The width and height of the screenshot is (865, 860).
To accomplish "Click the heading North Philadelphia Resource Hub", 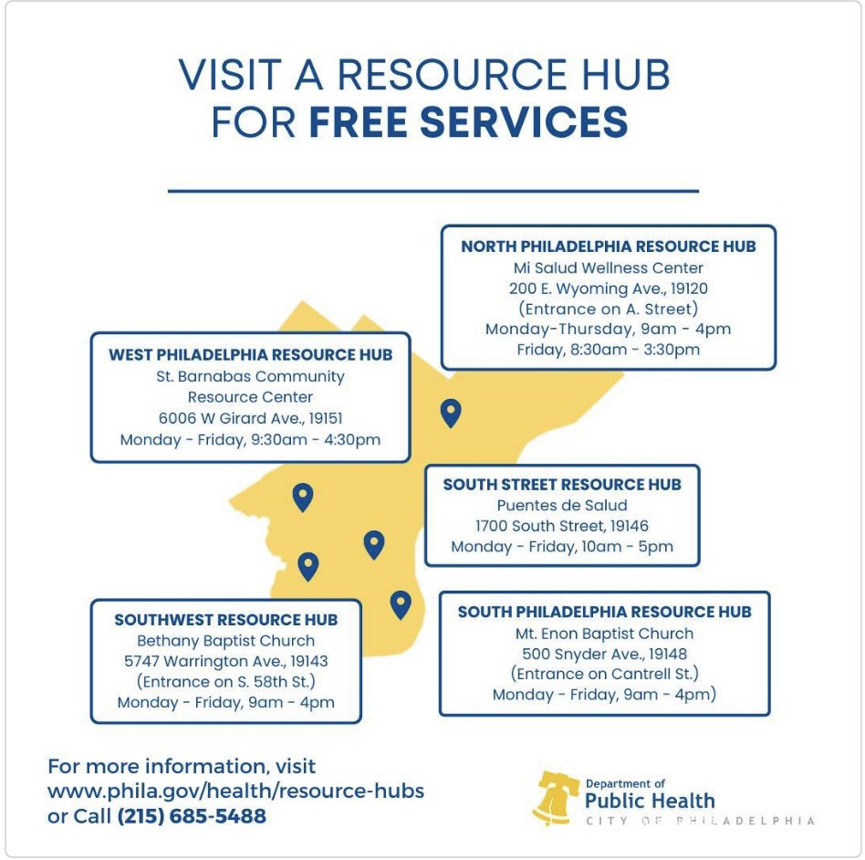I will click(608, 246).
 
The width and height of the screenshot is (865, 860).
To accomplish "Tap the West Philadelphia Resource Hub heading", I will click(251, 354).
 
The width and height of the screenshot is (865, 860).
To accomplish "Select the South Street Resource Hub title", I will click(562, 484).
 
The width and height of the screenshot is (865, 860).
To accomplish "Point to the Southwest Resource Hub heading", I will click(225, 619).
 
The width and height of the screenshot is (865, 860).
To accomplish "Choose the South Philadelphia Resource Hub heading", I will click(604, 612).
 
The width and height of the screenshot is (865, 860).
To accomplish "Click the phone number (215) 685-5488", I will click(192, 815).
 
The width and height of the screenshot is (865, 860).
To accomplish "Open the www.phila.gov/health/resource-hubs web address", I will click(235, 791).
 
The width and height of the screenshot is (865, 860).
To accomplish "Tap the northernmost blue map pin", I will click(451, 413).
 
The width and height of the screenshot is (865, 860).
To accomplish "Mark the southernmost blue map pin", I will click(400, 603).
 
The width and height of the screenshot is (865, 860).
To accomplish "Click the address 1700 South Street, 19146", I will click(562, 526).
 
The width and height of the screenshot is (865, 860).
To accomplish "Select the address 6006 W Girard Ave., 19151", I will click(251, 418).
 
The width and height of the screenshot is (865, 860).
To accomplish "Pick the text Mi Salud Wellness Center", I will click(608, 268).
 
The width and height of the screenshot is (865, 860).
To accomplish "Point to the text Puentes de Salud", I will click(562, 505).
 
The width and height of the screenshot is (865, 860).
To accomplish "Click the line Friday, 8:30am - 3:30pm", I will click(608, 350).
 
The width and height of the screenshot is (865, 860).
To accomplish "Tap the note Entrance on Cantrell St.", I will click(604, 674).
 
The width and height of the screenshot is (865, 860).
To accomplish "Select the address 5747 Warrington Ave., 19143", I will click(225, 661).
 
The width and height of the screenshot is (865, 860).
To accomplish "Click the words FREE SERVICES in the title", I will click(468, 122).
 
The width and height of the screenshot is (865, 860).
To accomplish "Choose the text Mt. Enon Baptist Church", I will click(604, 634).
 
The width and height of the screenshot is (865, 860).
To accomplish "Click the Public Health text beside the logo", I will click(650, 802).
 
